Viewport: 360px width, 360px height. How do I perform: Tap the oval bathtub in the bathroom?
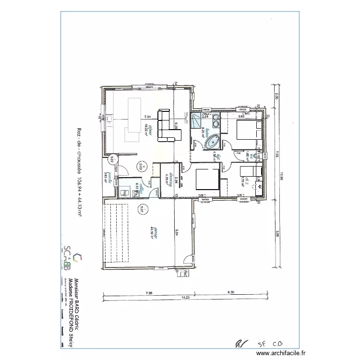coord(213,142)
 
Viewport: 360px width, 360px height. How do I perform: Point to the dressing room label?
coord(168,175)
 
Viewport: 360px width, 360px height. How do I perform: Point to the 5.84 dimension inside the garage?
coord(177,233)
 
